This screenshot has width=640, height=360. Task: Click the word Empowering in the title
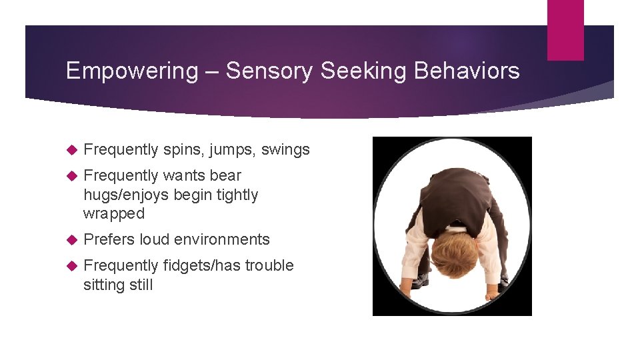pyautogui.click(x=132, y=71)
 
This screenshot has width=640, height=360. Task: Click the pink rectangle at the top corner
pyautogui.click(x=565, y=29)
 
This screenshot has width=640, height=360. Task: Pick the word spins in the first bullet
pyautogui.click(x=182, y=150)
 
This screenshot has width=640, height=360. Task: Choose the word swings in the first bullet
pyautogui.click(x=285, y=150)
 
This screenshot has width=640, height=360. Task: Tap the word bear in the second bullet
pyautogui.click(x=225, y=176)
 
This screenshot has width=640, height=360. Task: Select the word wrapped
pyautogui.click(x=114, y=214)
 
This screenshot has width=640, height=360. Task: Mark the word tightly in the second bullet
pyautogui.click(x=237, y=195)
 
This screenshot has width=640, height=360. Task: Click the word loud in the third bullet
pyautogui.click(x=159, y=240)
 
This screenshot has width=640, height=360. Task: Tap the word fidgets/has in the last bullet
pyautogui.click(x=201, y=266)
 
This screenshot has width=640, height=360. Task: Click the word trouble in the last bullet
pyautogui.click(x=269, y=266)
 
